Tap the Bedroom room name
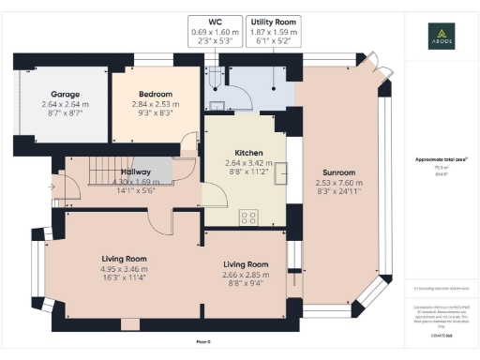pos(156,94)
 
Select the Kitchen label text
pos(248,153)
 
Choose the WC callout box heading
pos(214,21)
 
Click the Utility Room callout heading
pos(273,21)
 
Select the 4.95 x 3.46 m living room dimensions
pos(126,269)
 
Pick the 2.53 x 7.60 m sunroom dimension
pos(339,184)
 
